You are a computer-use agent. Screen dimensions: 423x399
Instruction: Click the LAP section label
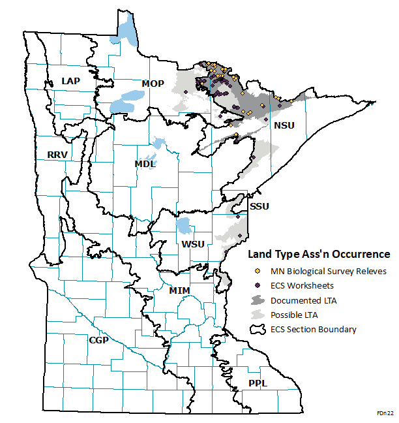[x=70, y=80]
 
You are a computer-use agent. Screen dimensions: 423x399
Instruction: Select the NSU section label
[x=284, y=125]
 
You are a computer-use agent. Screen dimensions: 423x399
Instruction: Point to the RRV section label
[x=57, y=155]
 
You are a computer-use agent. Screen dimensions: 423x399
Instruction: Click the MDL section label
[x=145, y=164]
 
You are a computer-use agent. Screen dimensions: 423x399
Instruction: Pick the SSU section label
[x=259, y=206]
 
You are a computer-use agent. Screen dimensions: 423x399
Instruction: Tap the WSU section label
[x=193, y=244]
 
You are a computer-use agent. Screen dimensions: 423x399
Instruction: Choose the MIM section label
[x=179, y=290]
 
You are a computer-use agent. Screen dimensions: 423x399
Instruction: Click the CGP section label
[x=98, y=340]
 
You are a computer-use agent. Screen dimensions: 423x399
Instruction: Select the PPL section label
[x=258, y=383]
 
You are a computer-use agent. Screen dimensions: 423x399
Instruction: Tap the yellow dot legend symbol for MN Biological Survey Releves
[x=258, y=271]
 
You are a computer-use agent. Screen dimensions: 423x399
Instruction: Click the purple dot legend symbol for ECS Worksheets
[x=258, y=285]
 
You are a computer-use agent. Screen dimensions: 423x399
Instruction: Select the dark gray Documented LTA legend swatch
[x=258, y=300]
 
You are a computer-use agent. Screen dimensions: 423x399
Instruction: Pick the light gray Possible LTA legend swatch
[x=258, y=315]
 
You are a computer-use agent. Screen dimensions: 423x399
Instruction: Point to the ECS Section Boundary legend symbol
[x=258, y=329]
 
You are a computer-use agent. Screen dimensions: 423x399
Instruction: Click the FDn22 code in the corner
[x=385, y=413]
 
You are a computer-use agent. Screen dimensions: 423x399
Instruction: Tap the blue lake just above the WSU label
[x=185, y=227]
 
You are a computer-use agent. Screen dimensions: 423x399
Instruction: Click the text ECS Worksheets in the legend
[x=302, y=285]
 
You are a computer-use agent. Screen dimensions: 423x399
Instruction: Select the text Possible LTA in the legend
[x=294, y=315]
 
